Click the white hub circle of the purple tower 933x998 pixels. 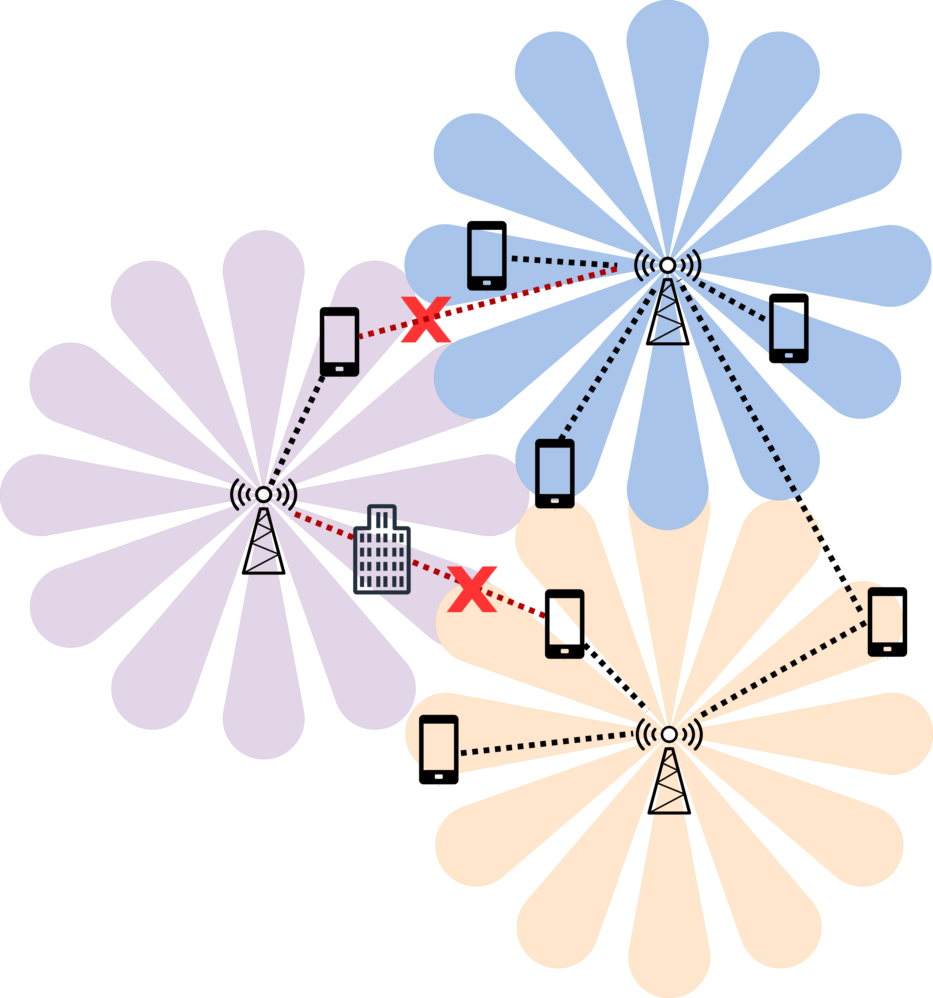pos(263,494)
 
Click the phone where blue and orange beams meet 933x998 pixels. pos(554,473)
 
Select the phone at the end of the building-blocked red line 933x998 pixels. pos(564,624)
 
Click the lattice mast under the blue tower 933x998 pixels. pos(667,314)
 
